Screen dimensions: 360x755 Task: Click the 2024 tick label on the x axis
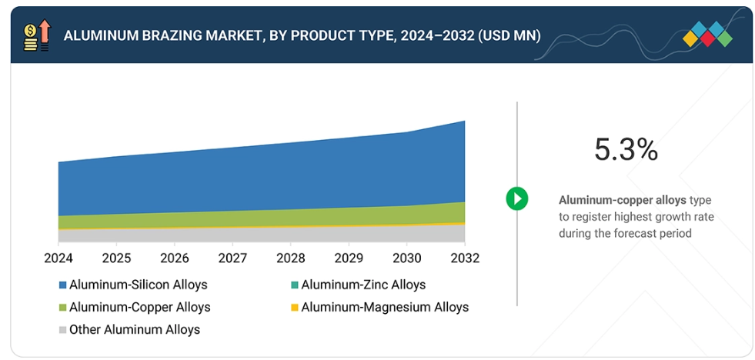tap(58, 258)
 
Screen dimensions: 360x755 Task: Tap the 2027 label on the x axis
tap(232, 258)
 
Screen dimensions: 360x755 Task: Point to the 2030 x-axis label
tap(406, 258)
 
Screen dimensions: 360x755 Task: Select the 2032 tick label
tap(464, 258)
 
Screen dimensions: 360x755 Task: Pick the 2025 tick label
tap(116, 258)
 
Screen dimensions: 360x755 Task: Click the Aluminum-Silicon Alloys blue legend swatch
tap(62, 285)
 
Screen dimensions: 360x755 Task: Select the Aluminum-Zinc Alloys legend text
tap(363, 285)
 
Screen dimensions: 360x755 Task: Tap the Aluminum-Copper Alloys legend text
tap(139, 307)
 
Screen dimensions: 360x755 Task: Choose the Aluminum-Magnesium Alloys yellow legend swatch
tap(294, 308)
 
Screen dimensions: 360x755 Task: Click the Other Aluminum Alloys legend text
tap(135, 329)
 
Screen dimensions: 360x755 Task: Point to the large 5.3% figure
tap(626, 150)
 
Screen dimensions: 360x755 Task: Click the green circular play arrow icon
tap(516, 198)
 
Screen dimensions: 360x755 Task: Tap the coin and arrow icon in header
tap(36, 35)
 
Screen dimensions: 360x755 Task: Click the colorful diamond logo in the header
tap(707, 35)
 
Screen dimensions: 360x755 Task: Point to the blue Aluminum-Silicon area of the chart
tap(262, 177)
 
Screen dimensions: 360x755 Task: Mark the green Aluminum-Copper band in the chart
tap(262, 218)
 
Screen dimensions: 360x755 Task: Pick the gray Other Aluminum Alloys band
tap(262, 235)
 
